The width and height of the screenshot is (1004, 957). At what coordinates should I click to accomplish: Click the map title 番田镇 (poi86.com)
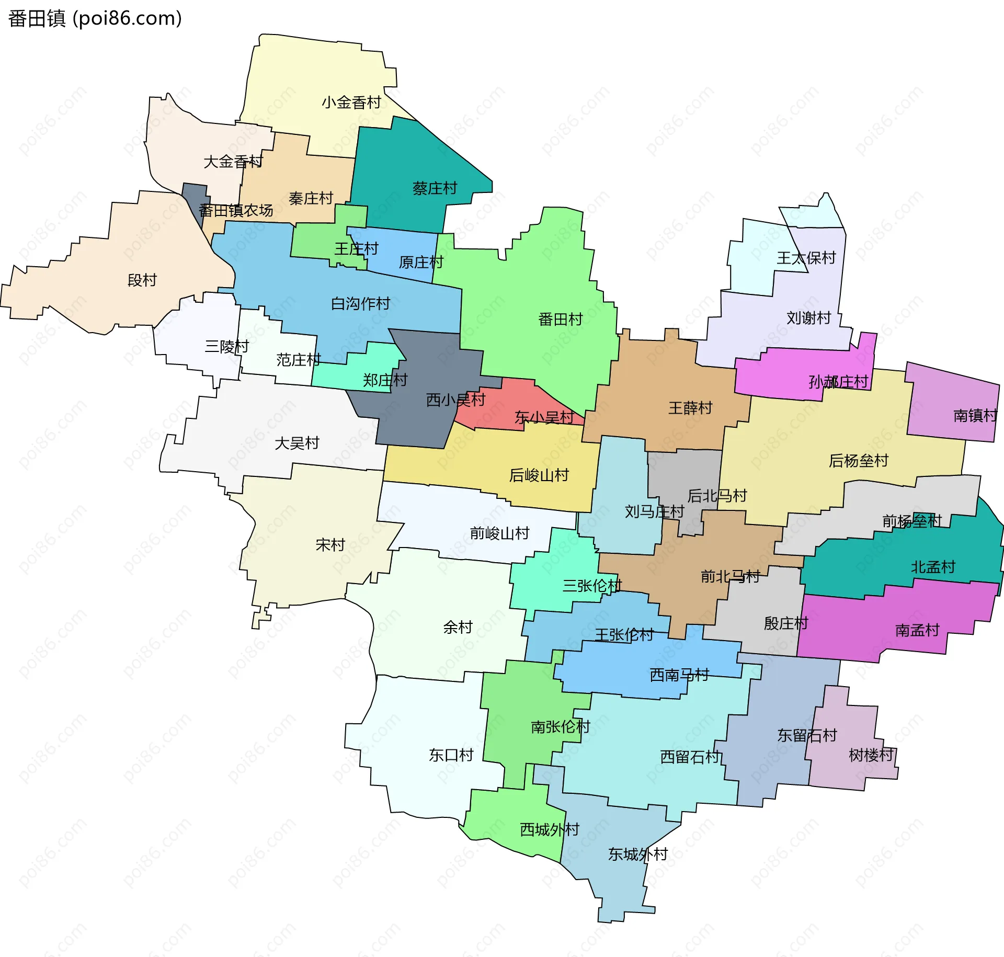coord(95,18)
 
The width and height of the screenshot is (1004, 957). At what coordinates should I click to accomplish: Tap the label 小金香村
coord(351,102)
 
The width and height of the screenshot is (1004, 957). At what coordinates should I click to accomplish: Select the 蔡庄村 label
coord(435,188)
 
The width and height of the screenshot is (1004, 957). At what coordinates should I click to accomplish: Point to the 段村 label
coord(142,280)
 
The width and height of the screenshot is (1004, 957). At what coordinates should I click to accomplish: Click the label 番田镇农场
coord(236,210)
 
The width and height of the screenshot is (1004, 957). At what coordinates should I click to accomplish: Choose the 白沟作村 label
coord(360,303)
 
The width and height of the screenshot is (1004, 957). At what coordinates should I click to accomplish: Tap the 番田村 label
coord(560,319)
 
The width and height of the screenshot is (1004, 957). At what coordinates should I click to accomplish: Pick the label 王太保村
coord(806,258)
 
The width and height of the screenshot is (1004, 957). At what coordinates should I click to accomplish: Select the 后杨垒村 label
coord(858,461)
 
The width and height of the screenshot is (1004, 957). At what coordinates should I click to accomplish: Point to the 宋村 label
coord(330,545)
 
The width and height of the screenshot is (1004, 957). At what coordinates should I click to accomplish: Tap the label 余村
coord(458,627)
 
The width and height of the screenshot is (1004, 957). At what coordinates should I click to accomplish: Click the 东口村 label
coord(451,755)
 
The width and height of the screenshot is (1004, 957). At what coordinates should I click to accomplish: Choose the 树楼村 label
coord(871,755)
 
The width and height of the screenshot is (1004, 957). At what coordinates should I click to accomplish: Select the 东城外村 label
coord(637,855)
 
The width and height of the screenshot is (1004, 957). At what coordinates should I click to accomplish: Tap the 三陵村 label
coord(226,346)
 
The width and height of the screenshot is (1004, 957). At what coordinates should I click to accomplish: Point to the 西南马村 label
coord(679,675)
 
